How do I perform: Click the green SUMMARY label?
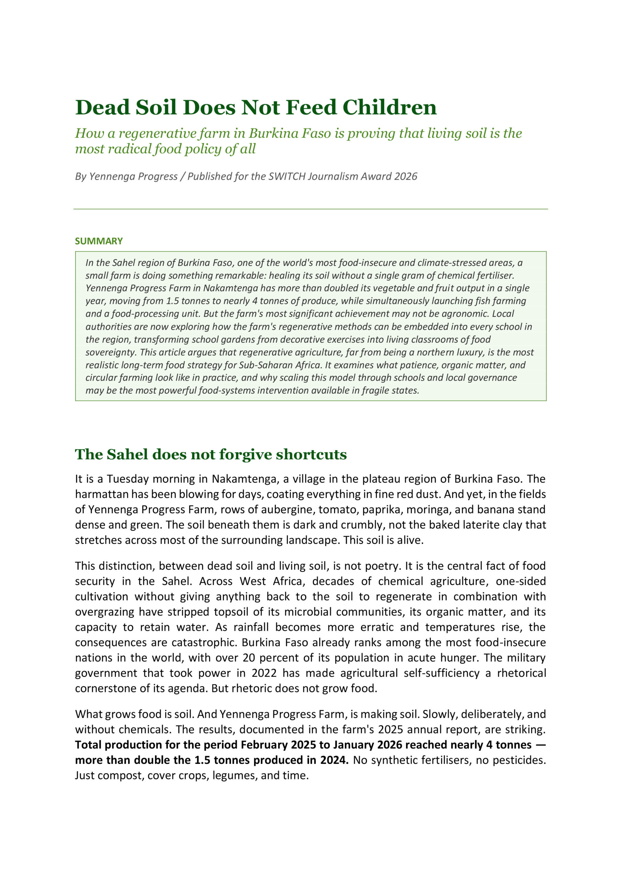[x=99, y=241]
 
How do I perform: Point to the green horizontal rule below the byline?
[x=310, y=209]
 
